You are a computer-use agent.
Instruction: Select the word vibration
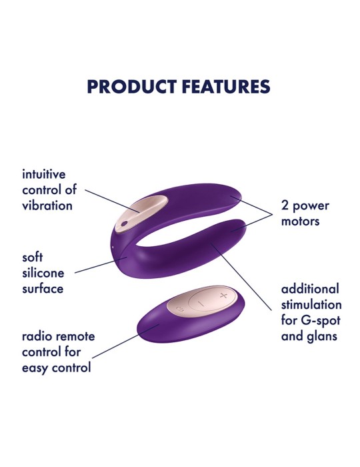47,205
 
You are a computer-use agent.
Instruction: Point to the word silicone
44,273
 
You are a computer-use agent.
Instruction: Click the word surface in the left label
43,289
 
